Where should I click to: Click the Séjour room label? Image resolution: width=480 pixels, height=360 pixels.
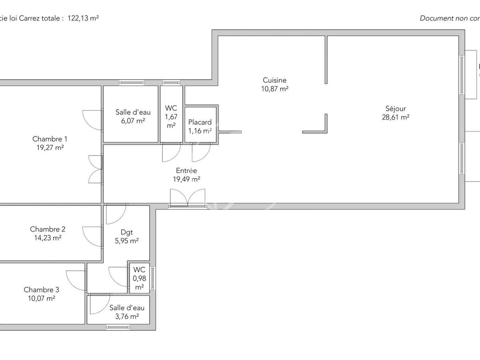click(x=395, y=108)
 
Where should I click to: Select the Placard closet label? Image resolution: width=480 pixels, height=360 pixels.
click(x=200, y=122)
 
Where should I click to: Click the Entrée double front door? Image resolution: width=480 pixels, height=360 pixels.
click(x=187, y=198)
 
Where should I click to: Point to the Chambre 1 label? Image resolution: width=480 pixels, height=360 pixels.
click(x=50, y=139)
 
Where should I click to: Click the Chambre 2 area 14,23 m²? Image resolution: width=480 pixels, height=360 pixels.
click(x=48, y=238)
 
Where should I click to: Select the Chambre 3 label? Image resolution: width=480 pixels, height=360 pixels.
click(x=41, y=290)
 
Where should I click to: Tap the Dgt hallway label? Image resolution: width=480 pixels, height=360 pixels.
click(x=126, y=232)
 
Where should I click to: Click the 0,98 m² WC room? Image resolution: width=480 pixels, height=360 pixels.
click(x=139, y=278)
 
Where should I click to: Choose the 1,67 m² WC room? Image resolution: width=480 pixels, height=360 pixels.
click(x=171, y=116)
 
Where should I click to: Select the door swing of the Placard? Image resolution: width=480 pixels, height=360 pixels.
click(x=201, y=152)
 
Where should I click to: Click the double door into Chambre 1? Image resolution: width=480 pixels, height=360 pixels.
click(x=95, y=169)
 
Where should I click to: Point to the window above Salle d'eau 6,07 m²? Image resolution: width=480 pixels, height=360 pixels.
click(x=131, y=83)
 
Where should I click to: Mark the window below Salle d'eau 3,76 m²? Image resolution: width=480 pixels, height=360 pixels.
click(x=118, y=327)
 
